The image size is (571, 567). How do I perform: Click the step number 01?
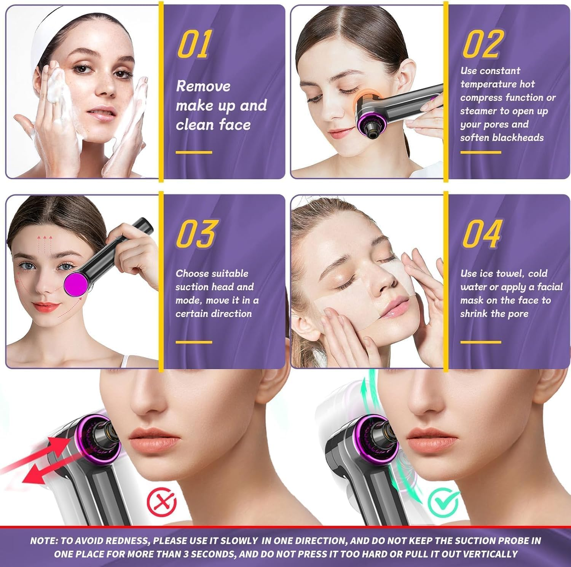point(195,45)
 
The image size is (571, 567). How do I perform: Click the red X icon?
point(162,502)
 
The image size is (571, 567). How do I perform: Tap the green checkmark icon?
point(443,503)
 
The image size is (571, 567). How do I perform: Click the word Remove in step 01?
point(203,86)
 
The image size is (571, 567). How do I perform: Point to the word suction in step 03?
point(189,287)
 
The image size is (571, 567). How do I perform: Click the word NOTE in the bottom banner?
point(43,541)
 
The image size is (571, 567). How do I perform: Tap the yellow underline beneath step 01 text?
point(194,152)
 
